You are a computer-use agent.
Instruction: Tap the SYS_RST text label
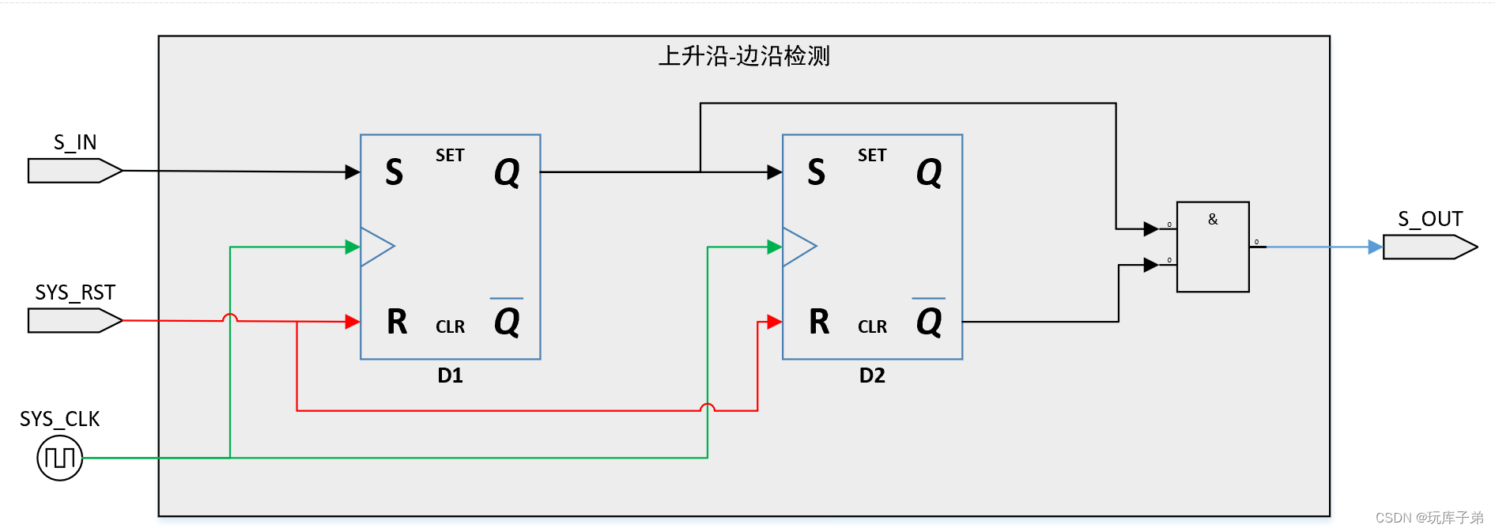[75, 292]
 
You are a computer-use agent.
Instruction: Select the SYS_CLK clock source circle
[60, 458]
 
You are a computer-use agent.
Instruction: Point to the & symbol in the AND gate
[1213, 219]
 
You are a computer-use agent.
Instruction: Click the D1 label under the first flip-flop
[450, 375]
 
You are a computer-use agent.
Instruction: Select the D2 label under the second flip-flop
[872, 375]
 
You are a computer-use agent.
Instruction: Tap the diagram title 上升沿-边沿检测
[744, 56]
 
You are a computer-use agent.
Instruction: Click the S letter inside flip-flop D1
[394, 172]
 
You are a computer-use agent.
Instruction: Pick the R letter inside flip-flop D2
[819, 322]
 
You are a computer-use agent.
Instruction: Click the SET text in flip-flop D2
[872, 156]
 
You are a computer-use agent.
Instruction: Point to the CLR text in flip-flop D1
[450, 326]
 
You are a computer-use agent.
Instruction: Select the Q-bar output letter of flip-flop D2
[929, 320]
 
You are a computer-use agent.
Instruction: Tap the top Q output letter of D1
[507, 172]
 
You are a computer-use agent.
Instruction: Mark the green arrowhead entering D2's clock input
[774, 247]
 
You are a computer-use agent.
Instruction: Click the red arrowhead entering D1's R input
[353, 322]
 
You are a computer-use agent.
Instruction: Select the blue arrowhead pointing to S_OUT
[1375, 247]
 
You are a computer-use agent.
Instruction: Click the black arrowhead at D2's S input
[774, 172]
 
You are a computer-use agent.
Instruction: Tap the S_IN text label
[75, 142]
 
